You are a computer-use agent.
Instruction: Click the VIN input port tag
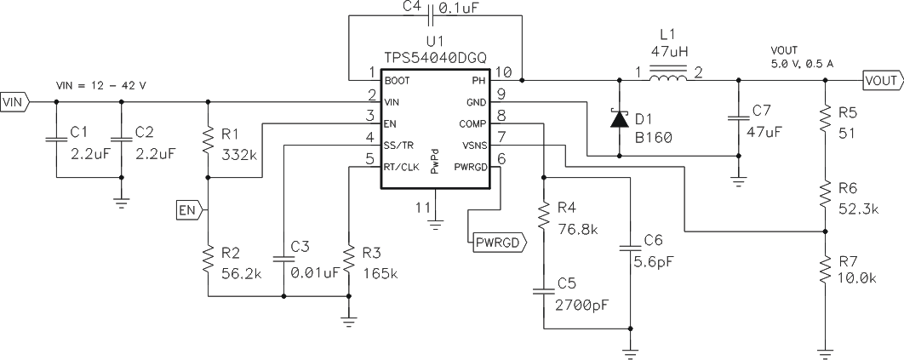[15, 101]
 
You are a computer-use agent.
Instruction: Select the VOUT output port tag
[881, 81]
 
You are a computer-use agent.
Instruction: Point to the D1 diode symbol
[615, 119]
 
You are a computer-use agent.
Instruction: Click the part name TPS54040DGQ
[435, 56]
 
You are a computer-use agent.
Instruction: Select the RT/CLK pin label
[400, 167]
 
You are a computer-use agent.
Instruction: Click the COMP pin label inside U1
[473, 123]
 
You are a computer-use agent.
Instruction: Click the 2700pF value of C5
[583, 302]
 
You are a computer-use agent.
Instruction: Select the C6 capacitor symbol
[630, 248]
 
